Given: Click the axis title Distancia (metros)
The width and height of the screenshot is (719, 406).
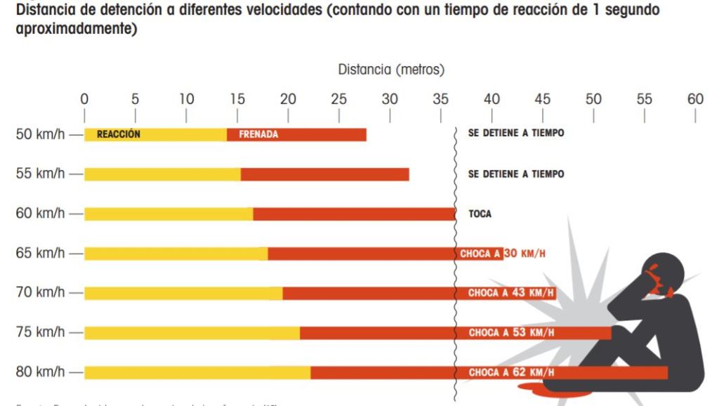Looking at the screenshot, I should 391,70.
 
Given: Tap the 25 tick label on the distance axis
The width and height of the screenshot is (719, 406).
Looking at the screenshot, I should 338,99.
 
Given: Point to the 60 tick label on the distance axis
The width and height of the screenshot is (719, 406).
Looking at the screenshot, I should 694,99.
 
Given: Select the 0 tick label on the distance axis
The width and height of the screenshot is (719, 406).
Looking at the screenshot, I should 84,99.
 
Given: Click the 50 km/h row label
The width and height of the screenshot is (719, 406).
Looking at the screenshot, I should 41,135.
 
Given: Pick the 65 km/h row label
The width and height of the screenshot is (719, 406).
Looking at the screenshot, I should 41,253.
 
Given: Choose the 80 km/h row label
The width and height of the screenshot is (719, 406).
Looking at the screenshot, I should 41,371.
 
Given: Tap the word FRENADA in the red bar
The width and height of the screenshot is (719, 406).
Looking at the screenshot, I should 258,135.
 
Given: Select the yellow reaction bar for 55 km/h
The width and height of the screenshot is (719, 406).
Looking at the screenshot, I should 162,174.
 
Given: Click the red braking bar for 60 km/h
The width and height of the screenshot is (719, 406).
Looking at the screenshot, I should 355,214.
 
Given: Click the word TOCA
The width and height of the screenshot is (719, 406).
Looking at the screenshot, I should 480,214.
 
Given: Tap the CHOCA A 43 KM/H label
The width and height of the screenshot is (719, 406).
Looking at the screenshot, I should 510,293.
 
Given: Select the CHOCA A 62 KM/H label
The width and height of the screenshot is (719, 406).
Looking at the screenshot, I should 510,372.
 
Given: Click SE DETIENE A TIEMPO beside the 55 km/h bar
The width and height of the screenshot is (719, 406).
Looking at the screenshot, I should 515,174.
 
